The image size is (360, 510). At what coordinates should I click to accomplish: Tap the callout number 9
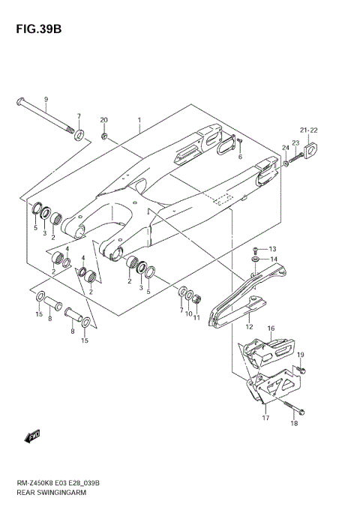click(45, 100)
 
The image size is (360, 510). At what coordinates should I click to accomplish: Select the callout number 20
click(104, 120)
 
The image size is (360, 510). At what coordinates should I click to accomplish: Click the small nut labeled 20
click(105, 136)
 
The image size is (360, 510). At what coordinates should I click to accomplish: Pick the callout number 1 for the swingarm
click(139, 121)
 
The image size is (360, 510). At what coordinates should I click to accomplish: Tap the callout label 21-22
click(309, 129)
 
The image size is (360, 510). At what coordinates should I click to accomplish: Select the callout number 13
click(272, 249)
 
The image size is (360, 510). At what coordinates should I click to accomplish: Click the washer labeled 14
click(256, 260)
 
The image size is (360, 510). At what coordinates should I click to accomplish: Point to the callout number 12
click(250, 326)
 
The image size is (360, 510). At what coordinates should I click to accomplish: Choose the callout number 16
click(271, 328)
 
